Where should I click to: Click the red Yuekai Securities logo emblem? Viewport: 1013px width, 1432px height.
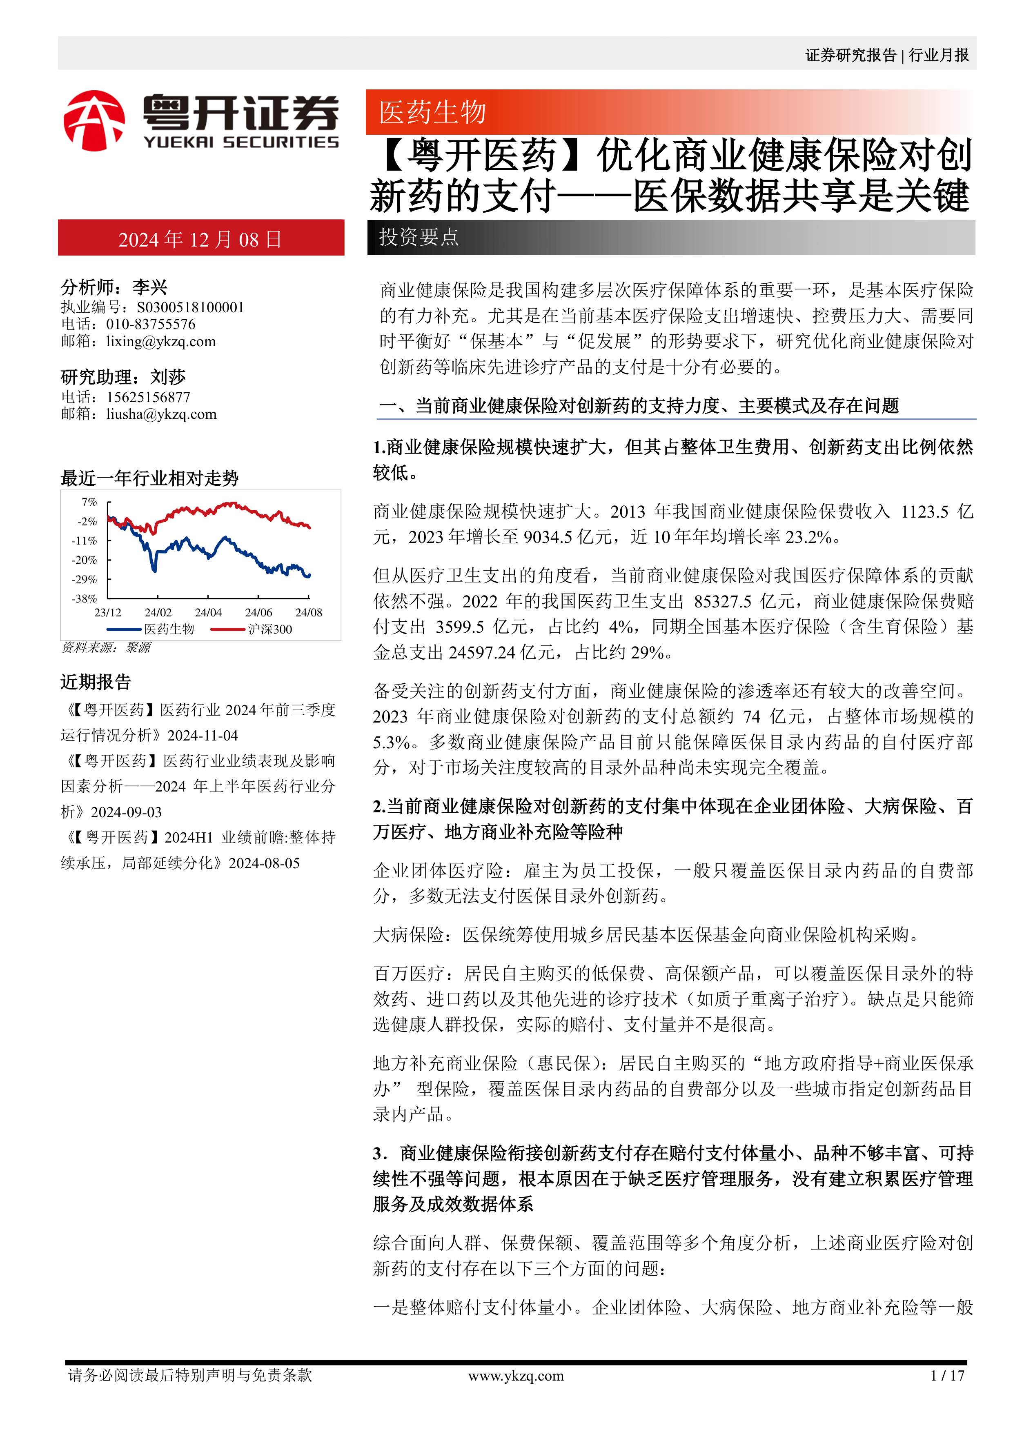click(x=94, y=121)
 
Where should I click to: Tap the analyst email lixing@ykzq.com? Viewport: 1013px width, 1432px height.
click(x=161, y=341)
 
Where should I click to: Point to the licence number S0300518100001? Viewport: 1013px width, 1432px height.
click(x=190, y=307)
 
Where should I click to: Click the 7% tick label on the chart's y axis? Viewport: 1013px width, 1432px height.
click(x=89, y=502)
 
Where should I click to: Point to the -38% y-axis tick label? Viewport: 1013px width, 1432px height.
click(x=85, y=599)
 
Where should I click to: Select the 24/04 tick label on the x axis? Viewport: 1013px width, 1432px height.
click(x=208, y=612)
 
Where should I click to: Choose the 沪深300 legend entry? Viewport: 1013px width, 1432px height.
click(x=270, y=629)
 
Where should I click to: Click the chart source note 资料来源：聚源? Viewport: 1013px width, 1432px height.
click(x=106, y=648)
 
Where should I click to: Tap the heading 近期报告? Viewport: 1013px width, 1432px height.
click(x=96, y=682)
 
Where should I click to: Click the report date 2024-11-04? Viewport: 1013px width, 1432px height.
click(x=203, y=736)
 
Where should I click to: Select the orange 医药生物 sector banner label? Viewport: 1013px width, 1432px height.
click(x=432, y=112)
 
